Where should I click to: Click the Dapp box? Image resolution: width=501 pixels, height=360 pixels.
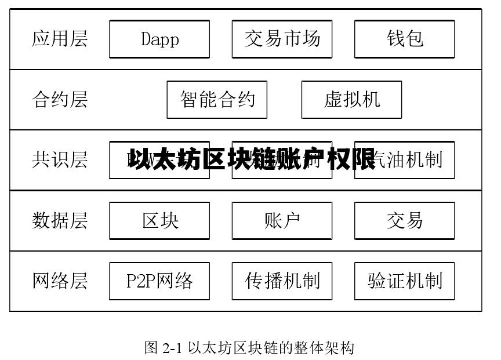(159, 39)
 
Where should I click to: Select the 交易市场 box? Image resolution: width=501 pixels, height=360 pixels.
(282, 39)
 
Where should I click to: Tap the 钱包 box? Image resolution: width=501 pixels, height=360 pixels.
(404, 39)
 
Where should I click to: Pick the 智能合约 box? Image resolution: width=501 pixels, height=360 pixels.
(217, 100)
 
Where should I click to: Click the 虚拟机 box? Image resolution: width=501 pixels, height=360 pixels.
(351, 100)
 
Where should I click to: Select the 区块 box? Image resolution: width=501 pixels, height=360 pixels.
(159, 220)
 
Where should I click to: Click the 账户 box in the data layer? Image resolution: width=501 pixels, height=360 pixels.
(282, 220)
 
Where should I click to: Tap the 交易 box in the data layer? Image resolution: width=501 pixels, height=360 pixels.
(404, 220)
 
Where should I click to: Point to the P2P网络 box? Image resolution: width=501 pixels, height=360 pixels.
(159, 281)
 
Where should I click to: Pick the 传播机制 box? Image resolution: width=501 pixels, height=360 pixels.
(282, 281)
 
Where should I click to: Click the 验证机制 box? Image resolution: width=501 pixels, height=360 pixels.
(404, 281)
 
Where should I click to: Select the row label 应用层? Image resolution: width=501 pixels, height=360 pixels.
(60, 39)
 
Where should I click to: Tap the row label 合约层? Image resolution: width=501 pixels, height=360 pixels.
(60, 100)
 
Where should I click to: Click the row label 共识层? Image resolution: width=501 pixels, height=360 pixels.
(60, 160)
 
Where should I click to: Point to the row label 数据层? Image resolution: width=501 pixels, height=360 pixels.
(60, 220)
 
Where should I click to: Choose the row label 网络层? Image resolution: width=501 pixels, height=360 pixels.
(60, 281)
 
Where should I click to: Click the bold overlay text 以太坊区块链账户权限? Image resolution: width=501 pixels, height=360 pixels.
(252, 159)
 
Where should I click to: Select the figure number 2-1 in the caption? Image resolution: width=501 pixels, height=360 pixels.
(172, 348)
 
